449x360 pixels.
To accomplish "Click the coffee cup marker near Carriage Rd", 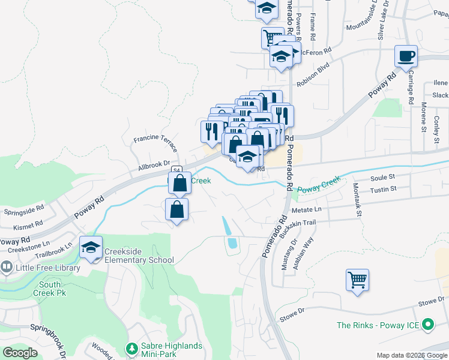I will [x=406, y=56].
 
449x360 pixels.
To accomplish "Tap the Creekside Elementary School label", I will [x=139, y=256].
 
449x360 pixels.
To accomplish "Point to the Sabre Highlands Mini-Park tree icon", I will [x=131, y=348].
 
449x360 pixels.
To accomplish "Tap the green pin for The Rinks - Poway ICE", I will [x=428, y=325].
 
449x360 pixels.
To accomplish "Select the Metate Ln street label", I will [x=307, y=209].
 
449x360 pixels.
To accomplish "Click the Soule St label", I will [x=382, y=178].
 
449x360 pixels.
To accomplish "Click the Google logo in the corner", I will [x=20, y=353].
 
